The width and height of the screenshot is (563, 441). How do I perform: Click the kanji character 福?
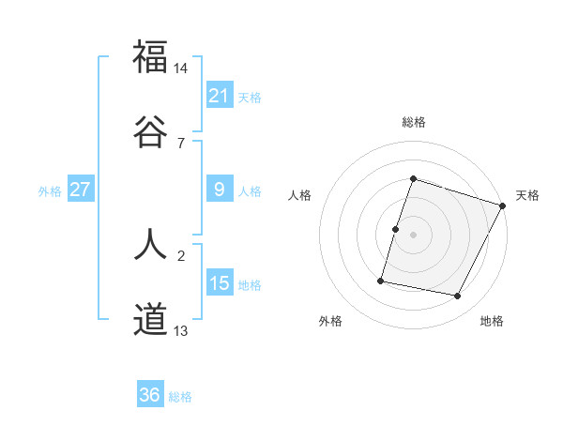click(x=150, y=57)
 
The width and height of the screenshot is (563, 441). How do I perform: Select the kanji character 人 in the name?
click(x=150, y=245)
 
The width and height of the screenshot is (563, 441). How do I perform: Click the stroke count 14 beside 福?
click(x=181, y=68)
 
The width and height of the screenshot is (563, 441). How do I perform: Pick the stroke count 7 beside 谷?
click(x=180, y=143)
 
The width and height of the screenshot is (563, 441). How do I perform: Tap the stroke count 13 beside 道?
click(x=181, y=330)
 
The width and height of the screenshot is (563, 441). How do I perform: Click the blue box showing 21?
click(x=219, y=96)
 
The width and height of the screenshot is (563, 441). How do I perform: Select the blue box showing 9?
click(x=219, y=190)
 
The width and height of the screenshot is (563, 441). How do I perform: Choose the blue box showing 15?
click(x=219, y=283)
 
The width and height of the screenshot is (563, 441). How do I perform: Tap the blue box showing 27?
click(x=80, y=190)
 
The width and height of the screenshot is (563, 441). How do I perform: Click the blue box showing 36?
click(x=149, y=395)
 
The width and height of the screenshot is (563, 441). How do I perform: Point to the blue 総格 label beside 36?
click(x=180, y=397)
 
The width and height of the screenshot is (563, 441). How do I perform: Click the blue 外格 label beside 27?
click(x=50, y=191)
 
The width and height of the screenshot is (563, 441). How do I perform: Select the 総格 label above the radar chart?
click(x=414, y=122)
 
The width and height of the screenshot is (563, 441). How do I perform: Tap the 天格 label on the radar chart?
click(x=527, y=195)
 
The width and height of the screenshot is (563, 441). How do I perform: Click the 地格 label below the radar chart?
click(x=492, y=322)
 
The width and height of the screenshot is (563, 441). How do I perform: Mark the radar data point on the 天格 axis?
click(x=503, y=205)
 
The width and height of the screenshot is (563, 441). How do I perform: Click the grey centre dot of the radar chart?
click(x=414, y=235)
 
